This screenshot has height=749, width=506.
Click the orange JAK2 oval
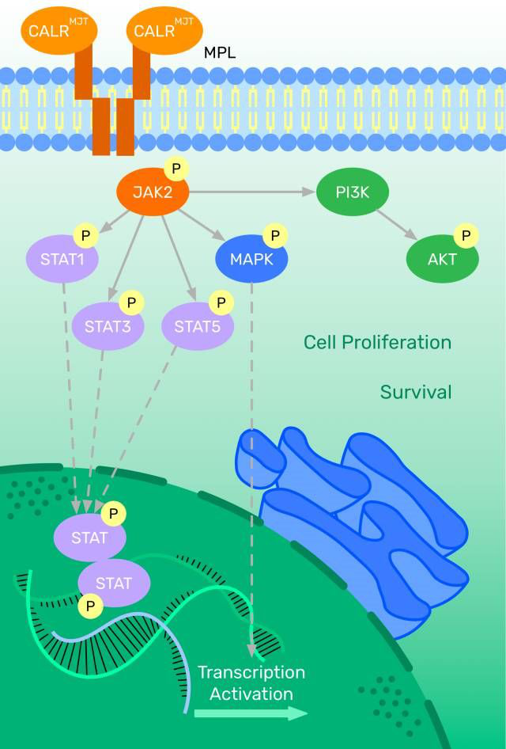click(153, 192)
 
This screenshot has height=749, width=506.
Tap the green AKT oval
click(442, 258)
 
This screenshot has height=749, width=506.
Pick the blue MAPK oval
click(251, 258)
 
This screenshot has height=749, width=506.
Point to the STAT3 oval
click(108, 324)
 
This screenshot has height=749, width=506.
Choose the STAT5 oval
click(197, 324)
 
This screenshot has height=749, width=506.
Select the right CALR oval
click(164, 30)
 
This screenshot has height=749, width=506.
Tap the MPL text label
click(220, 54)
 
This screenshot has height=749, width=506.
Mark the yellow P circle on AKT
click(465, 235)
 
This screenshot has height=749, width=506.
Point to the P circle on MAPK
click(275, 235)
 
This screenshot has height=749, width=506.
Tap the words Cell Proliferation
click(377, 342)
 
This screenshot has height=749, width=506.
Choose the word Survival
click(416, 391)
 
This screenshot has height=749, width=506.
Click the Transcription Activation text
click(251, 683)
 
